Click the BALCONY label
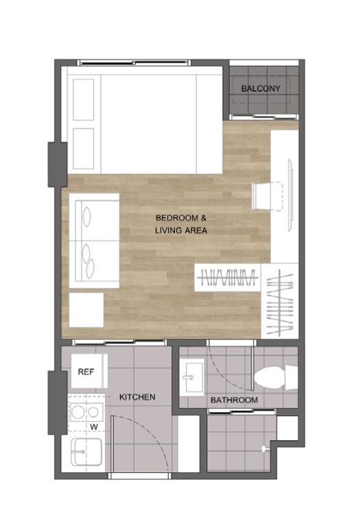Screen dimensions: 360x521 click(261, 88)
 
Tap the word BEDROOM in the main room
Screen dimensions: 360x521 click(177, 218)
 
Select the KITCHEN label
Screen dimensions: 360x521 click(137, 397)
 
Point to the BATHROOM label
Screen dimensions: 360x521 click(235, 400)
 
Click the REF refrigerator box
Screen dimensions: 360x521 click(89, 371)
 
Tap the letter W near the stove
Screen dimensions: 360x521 click(94, 426)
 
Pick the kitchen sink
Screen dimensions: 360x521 click(86, 452)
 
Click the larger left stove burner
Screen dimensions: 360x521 click(77, 413)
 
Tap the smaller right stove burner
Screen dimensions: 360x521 click(93, 413)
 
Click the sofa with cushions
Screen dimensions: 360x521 click(94, 241)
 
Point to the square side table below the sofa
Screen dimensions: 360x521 click(86, 310)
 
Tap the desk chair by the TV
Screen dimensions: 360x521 click(267, 196)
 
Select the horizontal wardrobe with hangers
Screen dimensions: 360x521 click(228, 278)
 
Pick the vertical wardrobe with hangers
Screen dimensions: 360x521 click(280, 301)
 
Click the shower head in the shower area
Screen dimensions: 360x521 click(265, 449)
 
